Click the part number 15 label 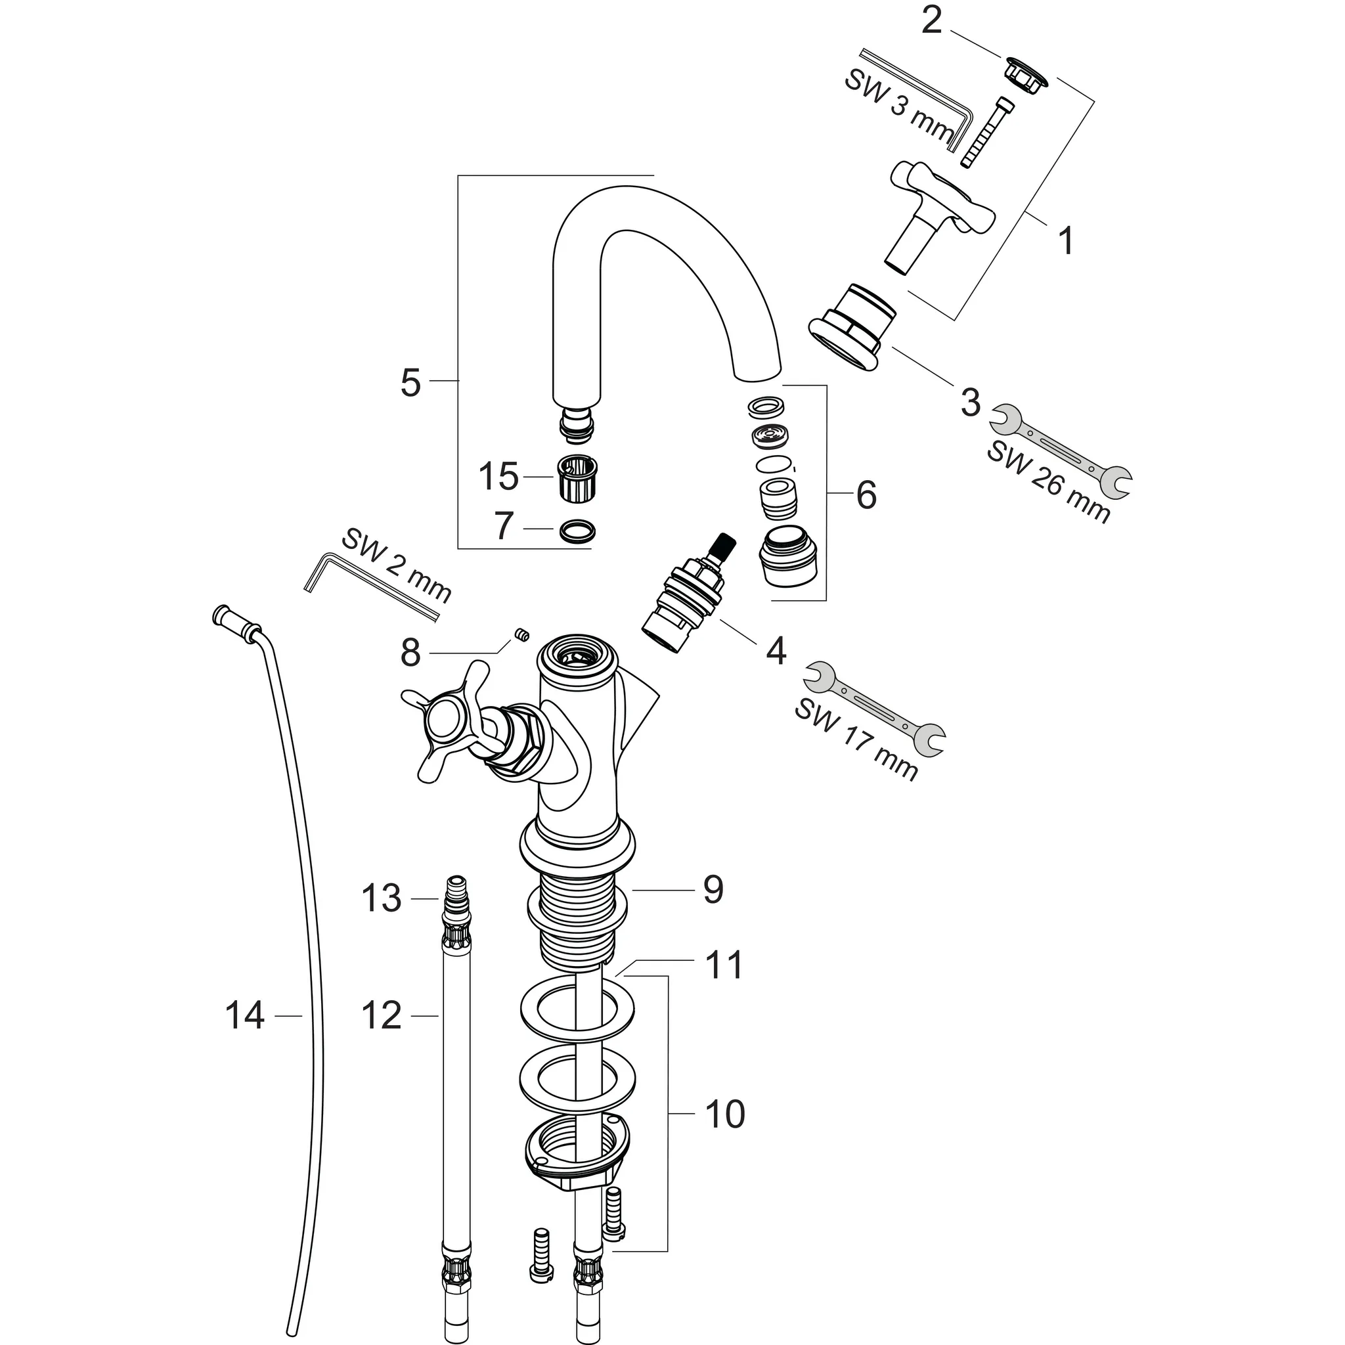coord(498,477)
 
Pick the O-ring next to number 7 coord(578,531)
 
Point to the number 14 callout coord(245,1016)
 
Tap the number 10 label coord(725,1114)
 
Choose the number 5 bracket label coord(410,382)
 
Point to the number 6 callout coord(866,495)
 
